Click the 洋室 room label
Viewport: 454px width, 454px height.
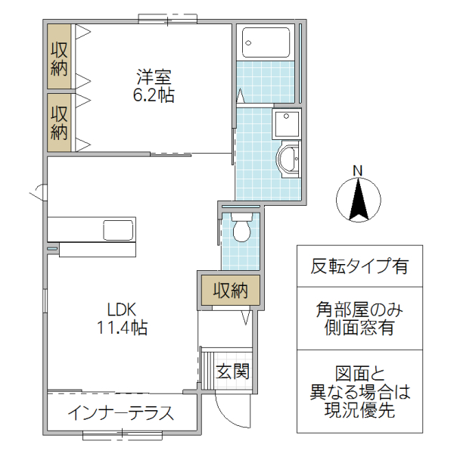pyautogui.click(x=155, y=76)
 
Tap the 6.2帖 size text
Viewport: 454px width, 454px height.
pyautogui.click(x=155, y=96)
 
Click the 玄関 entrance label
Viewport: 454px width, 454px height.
pyautogui.click(x=232, y=372)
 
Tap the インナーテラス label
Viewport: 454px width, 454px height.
pyautogui.click(x=121, y=413)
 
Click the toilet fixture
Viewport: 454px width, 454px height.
pyautogui.click(x=241, y=228)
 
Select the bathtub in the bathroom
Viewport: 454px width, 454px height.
pyautogui.click(x=266, y=42)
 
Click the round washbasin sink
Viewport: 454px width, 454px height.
pyautogui.click(x=289, y=160)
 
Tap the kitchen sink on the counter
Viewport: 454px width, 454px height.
pyautogui.click(x=118, y=229)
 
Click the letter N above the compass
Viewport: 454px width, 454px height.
pyautogui.click(x=359, y=169)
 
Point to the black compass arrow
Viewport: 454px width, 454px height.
pyautogui.click(x=359, y=200)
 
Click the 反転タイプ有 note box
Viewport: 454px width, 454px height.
pyautogui.click(x=359, y=266)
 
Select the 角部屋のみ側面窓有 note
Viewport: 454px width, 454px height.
pyautogui.click(x=359, y=319)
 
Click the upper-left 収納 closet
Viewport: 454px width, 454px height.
pyautogui.click(x=60, y=58)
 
